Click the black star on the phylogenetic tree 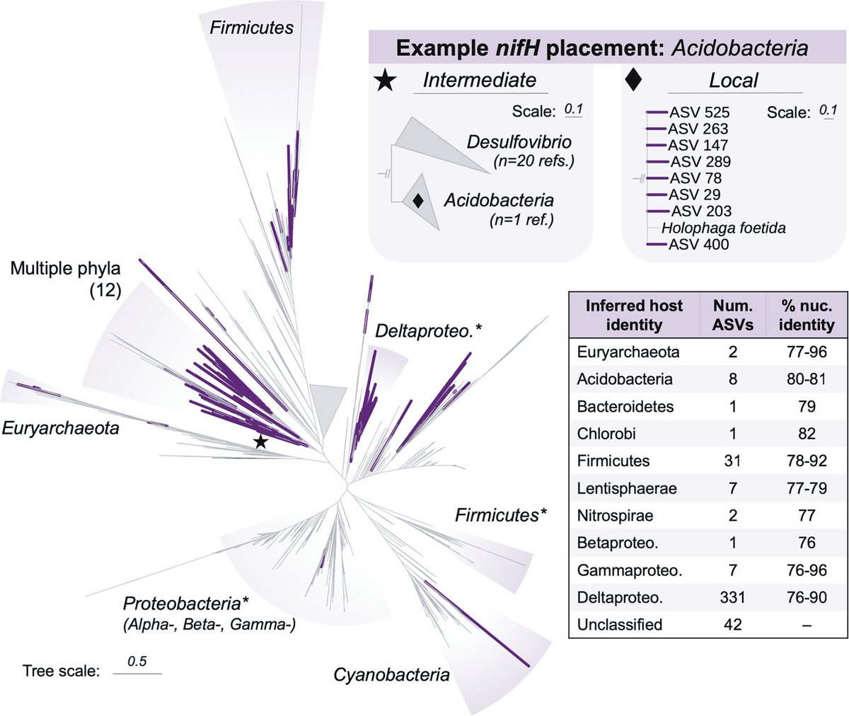click(260, 442)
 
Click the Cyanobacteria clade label click(391, 674)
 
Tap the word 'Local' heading click(734, 80)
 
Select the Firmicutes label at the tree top click(252, 28)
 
